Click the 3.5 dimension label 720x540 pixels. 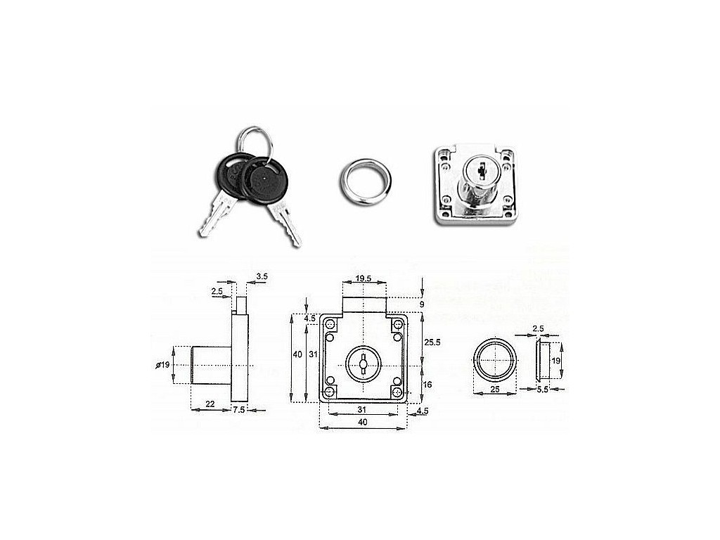tap(262, 276)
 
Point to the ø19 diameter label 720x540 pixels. tap(163, 365)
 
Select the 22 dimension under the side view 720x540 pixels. tap(210, 404)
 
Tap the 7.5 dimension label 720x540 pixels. tap(239, 410)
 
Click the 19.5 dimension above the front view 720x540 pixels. tap(364, 278)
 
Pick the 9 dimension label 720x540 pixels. tap(422, 304)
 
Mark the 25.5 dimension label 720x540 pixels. tap(432, 342)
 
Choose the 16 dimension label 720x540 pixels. tap(427, 385)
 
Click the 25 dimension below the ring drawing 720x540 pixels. tap(494, 389)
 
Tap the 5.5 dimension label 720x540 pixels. tap(542, 390)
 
